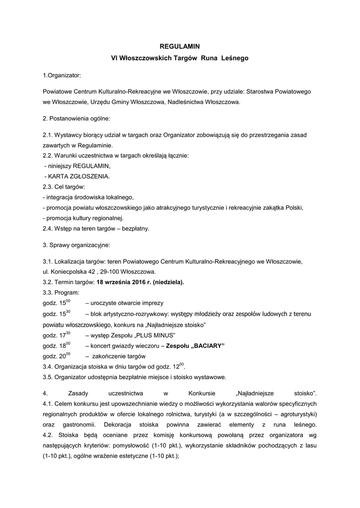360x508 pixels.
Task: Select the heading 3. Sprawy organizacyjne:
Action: point(76,245)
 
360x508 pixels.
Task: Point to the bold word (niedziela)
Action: point(168,282)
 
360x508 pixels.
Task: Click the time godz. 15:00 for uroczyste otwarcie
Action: point(56,303)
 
